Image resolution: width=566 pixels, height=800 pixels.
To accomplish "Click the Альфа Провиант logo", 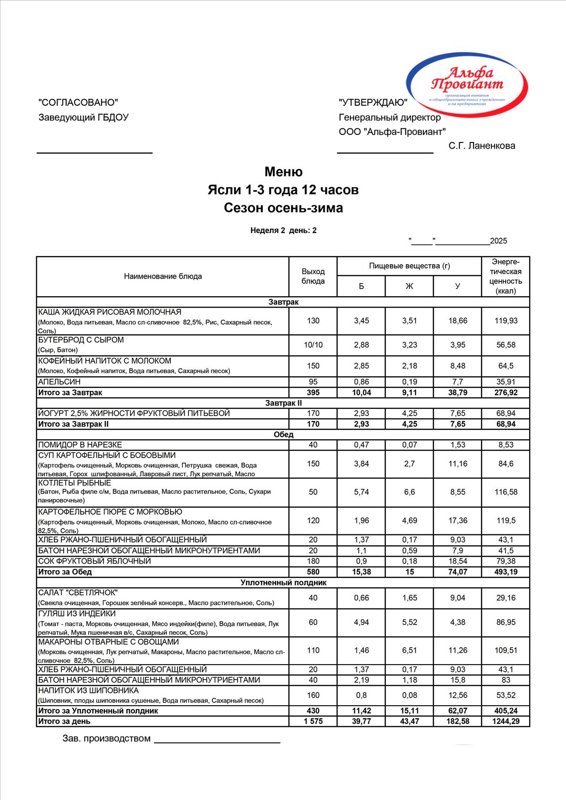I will tap(467, 85).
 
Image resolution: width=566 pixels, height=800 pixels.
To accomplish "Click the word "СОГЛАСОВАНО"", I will tap(78, 102).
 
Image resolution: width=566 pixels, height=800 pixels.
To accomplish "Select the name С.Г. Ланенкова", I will tap(482, 146).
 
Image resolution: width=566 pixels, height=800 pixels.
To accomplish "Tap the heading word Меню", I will tap(283, 172).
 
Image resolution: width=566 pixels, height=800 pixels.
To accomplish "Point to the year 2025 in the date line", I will tap(498, 241).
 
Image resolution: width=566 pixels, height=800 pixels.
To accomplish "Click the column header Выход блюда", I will tap(313, 276).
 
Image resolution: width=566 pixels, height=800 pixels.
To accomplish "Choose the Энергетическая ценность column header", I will tap(506, 276).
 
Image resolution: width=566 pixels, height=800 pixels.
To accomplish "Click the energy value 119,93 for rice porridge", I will tap(506, 321).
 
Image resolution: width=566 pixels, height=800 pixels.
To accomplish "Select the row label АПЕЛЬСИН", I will tap(59, 382).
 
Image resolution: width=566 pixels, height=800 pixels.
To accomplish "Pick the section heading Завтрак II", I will tap(283, 403).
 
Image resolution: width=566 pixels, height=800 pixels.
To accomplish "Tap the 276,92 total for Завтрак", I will tap(506, 392).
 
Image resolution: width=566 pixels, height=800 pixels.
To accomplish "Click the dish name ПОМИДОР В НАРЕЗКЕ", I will tap(80, 444).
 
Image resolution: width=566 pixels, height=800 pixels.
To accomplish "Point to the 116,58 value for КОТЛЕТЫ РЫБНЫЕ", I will tap(506, 492).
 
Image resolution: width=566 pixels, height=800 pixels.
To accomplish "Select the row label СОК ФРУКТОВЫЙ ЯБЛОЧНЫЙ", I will tap(95, 561).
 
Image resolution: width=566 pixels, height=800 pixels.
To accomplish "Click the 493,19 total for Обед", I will tap(506, 572).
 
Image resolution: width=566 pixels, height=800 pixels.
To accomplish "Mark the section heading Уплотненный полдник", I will tap(283, 583).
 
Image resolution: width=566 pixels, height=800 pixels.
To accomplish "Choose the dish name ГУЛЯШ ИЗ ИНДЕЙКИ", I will tap(77, 614).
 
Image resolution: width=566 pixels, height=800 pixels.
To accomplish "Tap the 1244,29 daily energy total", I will tap(506, 721).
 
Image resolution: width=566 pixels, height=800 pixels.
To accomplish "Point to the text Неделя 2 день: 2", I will tap(283, 230).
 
